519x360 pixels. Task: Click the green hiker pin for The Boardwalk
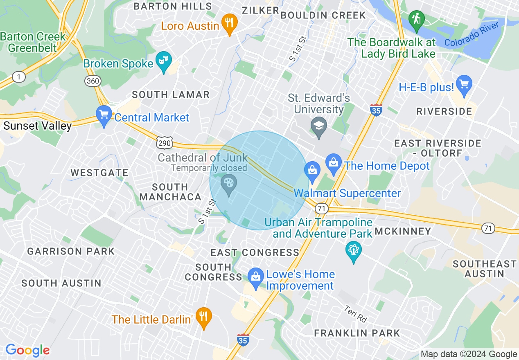[x=417, y=20]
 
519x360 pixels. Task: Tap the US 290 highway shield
[x=165, y=142]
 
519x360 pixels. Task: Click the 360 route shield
[x=93, y=81]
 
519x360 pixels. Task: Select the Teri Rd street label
[x=355, y=314]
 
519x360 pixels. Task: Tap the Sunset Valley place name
[x=38, y=126]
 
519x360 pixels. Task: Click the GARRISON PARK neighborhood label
[x=71, y=251]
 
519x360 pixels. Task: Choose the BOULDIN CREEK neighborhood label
[x=323, y=16]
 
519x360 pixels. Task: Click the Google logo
[x=27, y=350]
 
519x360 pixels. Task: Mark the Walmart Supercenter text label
[x=347, y=193]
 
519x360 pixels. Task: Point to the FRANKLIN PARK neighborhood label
[x=357, y=333]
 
